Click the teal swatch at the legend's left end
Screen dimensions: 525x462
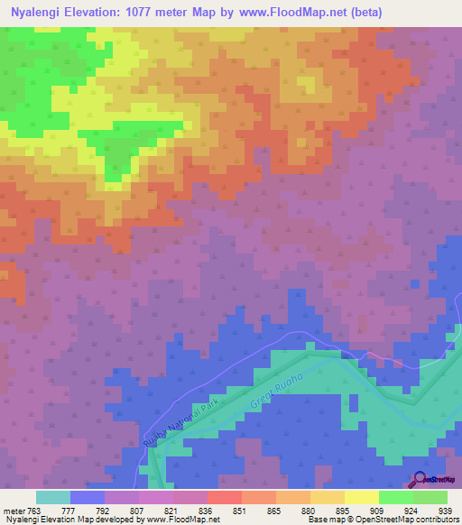pyautogui.click(x=52, y=497)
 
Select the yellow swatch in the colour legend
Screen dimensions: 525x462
pyautogui.click(x=361, y=497)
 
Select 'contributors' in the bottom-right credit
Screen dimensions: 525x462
pyautogui.click(x=435, y=520)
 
